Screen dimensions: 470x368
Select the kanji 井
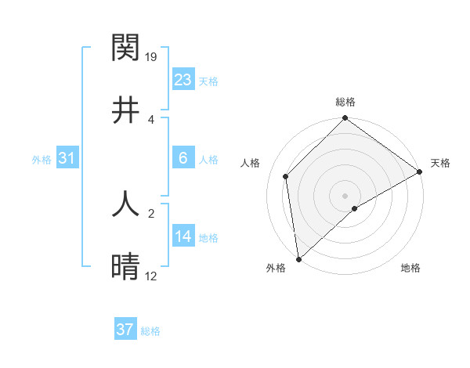click(x=126, y=110)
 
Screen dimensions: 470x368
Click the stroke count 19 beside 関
click(x=152, y=56)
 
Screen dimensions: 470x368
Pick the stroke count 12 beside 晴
click(x=152, y=276)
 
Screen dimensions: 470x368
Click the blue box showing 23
click(x=183, y=79)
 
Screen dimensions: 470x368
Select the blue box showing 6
click(x=183, y=158)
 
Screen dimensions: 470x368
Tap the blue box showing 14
click(x=183, y=236)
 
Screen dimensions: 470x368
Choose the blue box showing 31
click(x=67, y=158)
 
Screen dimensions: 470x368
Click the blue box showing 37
click(x=125, y=330)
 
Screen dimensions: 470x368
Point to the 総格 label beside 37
click(x=151, y=331)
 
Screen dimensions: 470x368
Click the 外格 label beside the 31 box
click(x=42, y=160)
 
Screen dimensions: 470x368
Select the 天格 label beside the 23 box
click(x=208, y=81)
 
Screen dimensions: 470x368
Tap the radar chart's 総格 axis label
click(x=345, y=102)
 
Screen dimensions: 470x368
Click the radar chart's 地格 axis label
click(x=410, y=269)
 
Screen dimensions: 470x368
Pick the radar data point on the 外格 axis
click(x=298, y=258)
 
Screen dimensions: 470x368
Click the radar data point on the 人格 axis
click(x=286, y=176)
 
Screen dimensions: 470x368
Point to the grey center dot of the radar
click(x=345, y=195)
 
